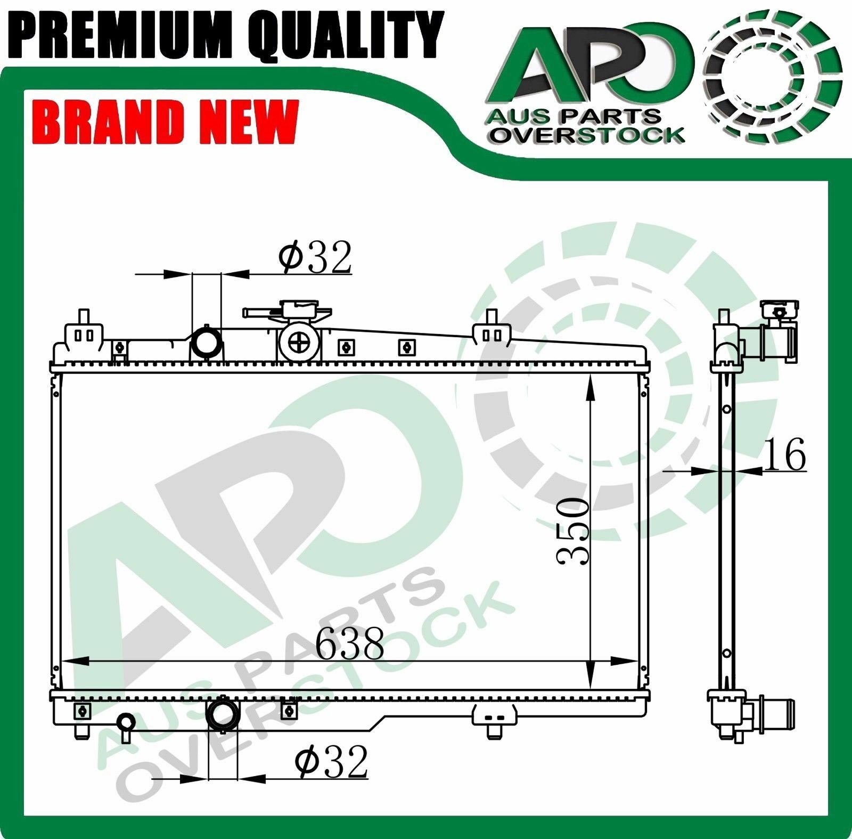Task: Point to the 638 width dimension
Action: click(349, 643)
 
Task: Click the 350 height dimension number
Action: click(572, 531)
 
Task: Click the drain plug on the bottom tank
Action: click(127, 723)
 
